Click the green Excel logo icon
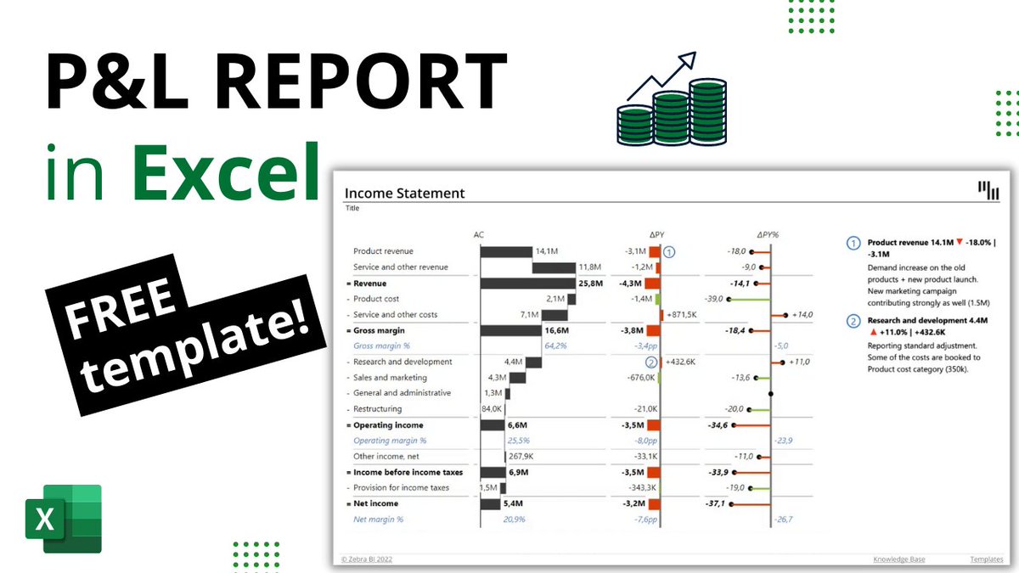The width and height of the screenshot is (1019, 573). [x=63, y=519]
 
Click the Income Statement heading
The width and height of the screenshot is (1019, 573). [x=405, y=193]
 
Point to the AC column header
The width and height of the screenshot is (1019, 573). [x=479, y=235]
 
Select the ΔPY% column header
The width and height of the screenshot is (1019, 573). [x=768, y=235]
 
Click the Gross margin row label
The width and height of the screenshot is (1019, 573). [x=379, y=330]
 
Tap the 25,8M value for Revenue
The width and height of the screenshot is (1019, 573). [x=590, y=283]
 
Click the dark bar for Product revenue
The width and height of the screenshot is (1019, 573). [x=506, y=251]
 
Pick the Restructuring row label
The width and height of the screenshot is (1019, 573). [x=378, y=409]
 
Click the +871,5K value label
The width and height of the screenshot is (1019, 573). [x=682, y=315]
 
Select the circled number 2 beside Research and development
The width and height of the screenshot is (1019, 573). [x=650, y=362]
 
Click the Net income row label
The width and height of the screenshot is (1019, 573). [x=375, y=503]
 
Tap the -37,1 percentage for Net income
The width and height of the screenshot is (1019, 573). [x=714, y=503]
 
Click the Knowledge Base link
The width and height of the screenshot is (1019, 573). [x=899, y=559]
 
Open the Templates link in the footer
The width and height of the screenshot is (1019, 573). [x=986, y=559]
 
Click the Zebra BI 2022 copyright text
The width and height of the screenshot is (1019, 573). [x=367, y=559]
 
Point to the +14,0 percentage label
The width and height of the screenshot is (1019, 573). [x=801, y=315]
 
